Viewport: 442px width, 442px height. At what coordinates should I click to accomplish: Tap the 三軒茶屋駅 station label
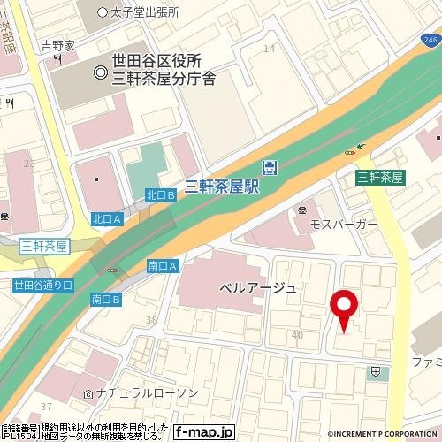coord(221,186)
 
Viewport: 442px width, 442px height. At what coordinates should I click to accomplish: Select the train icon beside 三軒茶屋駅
coord(270,167)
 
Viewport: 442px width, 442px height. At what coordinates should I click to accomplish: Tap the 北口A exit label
coord(106,217)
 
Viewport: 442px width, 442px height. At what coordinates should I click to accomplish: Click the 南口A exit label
coord(164,265)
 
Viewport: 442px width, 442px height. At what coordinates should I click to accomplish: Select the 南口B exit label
coord(107,300)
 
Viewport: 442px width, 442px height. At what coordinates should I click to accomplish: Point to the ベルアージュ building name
coord(257,289)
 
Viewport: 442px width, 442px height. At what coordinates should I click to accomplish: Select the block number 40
coord(297,335)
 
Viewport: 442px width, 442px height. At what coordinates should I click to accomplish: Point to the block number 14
coord(269,48)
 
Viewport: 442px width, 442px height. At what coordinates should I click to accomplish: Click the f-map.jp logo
coord(204,432)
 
